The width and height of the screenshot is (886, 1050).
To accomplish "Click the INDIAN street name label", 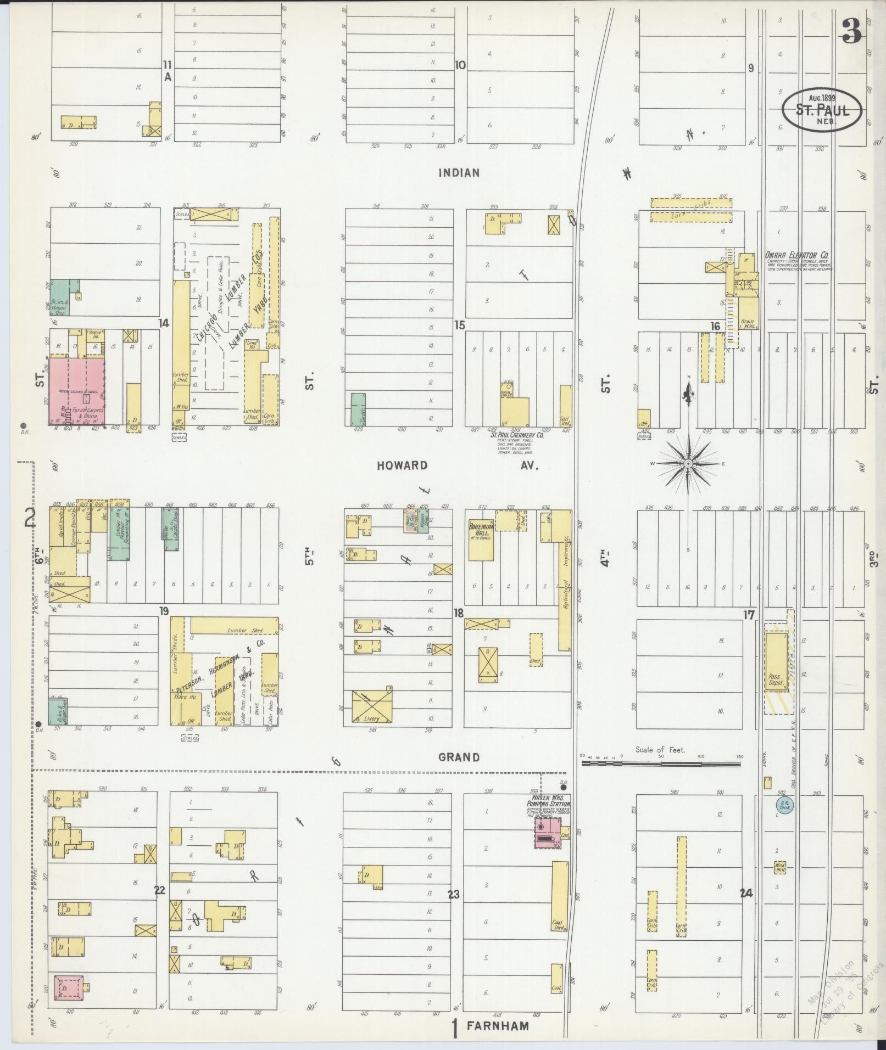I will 459,173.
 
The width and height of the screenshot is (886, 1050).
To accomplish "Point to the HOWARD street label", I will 402,465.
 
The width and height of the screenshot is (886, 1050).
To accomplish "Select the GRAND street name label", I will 459,757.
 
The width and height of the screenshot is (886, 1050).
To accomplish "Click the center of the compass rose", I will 688,464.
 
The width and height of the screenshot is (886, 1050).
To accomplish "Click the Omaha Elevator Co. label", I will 798,255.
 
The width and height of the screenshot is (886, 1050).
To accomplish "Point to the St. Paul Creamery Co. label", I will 517,435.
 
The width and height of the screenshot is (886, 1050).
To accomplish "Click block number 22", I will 159,890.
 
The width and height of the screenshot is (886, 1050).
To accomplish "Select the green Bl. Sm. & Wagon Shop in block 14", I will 60,297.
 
